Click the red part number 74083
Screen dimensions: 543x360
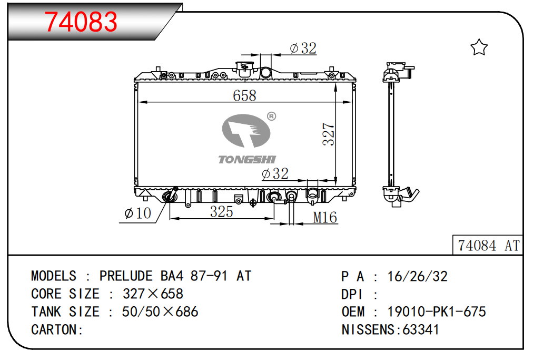pos(81,22)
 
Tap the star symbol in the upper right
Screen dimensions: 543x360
pos(479,47)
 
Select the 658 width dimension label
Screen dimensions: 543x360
pos(244,95)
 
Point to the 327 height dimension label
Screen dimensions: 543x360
pos(328,134)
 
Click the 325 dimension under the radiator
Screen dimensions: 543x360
pos(222,212)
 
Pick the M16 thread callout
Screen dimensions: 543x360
pos(325,218)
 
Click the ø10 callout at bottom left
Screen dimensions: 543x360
pos(138,213)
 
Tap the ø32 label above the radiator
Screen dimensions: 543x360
pos(303,48)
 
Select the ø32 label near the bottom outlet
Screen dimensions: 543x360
pos(275,173)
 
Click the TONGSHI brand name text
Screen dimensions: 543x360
pos(247,159)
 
